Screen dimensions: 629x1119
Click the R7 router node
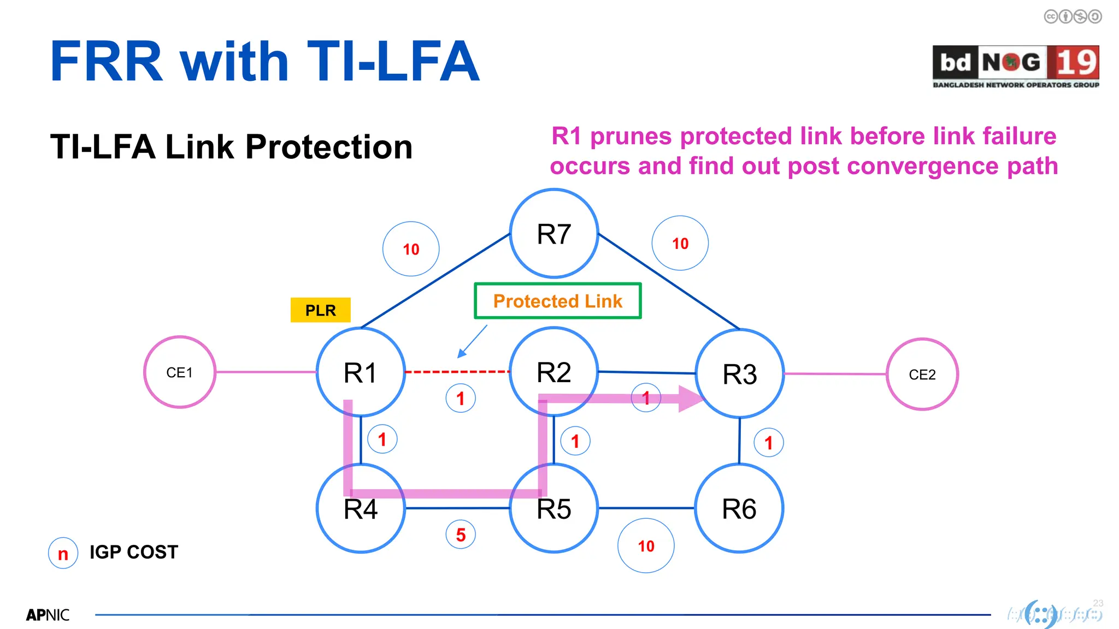(x=553, y=234)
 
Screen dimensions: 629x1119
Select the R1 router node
(x=361, y=372)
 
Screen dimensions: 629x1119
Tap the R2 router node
(x=553, y=372)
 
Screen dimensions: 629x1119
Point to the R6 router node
(x=739, y=508)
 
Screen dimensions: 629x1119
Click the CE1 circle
(x=180, y=372)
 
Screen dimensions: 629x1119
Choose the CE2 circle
(x=922, y=375)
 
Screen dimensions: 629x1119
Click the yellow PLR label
(x=320, y=310)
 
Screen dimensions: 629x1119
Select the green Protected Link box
(x=557, y=301)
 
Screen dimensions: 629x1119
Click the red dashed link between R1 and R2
(x=457, y=372)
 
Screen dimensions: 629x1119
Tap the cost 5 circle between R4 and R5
(x=461, y=535)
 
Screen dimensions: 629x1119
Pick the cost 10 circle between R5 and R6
(x=646, y=545)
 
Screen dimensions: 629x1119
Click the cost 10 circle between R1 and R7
(x=411, y=249)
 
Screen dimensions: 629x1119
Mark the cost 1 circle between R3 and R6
(x=768, y=443)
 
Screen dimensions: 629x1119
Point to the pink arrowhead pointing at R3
(x=690, y=399)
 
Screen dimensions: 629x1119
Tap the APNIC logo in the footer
(x=48, y=615)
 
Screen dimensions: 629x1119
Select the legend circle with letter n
(x=63, y=553)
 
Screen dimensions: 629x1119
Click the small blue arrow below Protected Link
(x=472, y=342)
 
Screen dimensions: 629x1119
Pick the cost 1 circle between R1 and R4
(x=382, y=439)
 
